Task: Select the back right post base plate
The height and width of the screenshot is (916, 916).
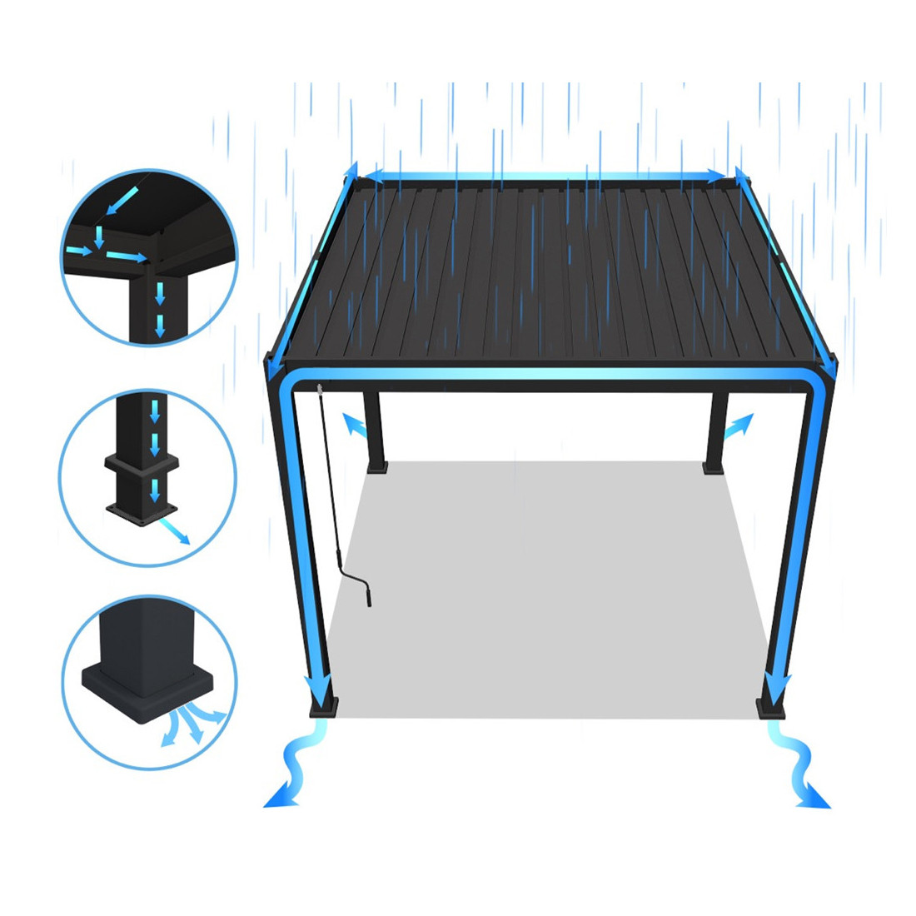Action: point(714,469)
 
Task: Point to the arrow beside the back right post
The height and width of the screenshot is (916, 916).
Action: point(738,426)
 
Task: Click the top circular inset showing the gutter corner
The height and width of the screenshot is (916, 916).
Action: point(148,258)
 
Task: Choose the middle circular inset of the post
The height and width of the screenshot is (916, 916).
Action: point(148,478)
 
